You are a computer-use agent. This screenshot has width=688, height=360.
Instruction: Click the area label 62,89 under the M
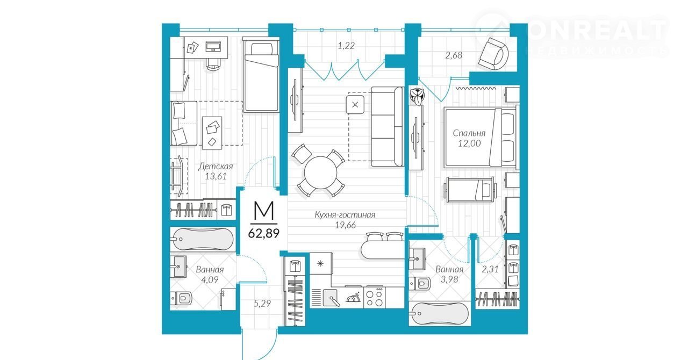click(x=263, y=234)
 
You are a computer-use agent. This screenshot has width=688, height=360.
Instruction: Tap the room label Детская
click(x=216, y=167)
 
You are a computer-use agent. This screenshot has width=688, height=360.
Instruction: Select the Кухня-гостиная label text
click(x=345, y=215)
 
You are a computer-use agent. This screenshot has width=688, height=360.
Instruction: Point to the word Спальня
click(x=469, y=133)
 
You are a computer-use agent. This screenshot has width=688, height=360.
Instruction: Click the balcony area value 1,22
click(x=346, y=46)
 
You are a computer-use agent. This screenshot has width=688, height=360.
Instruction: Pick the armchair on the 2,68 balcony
click(x=493, y=53)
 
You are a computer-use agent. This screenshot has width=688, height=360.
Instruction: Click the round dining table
click(x=320, y=172)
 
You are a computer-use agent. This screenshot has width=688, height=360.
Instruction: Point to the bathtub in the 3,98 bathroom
click(x=440, y=314)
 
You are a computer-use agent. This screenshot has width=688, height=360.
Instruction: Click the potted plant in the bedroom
click(x=418, y=96)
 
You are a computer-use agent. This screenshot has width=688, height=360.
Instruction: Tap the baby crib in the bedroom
click(x=470, y=190)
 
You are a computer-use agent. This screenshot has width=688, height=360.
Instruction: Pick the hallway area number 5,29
click(x=262, y=304)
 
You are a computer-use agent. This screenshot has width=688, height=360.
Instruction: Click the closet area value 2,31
click(x=490, y=269)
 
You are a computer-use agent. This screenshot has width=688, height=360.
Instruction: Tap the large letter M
click(x=264, y=211)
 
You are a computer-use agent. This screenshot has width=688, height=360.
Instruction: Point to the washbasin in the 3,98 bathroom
click(x=418, y=258)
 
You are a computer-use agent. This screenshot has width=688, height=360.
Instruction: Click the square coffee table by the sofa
click(x=355, y=104)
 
